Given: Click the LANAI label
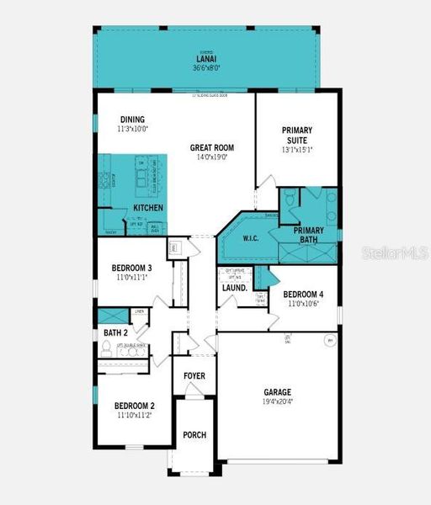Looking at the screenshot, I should pos(207,59).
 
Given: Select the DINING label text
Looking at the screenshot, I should pos(132,120).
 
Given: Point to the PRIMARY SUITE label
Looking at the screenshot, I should pos(297,136).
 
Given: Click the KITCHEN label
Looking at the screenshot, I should pos(148,208).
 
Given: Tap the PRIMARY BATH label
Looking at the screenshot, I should pos(309,235).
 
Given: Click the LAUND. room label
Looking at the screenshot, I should pos(235,287).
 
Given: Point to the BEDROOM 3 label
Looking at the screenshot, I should pos(131,268).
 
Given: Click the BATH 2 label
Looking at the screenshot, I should pos(114,333).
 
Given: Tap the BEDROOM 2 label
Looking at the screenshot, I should pos(134,406).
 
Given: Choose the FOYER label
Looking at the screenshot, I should pos(194,375).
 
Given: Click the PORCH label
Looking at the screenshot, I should pos(194,435).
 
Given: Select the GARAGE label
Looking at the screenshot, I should pos(277,392).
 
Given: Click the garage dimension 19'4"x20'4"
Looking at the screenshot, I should pos(277,401).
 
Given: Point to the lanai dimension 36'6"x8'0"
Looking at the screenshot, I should pos(207,68).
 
